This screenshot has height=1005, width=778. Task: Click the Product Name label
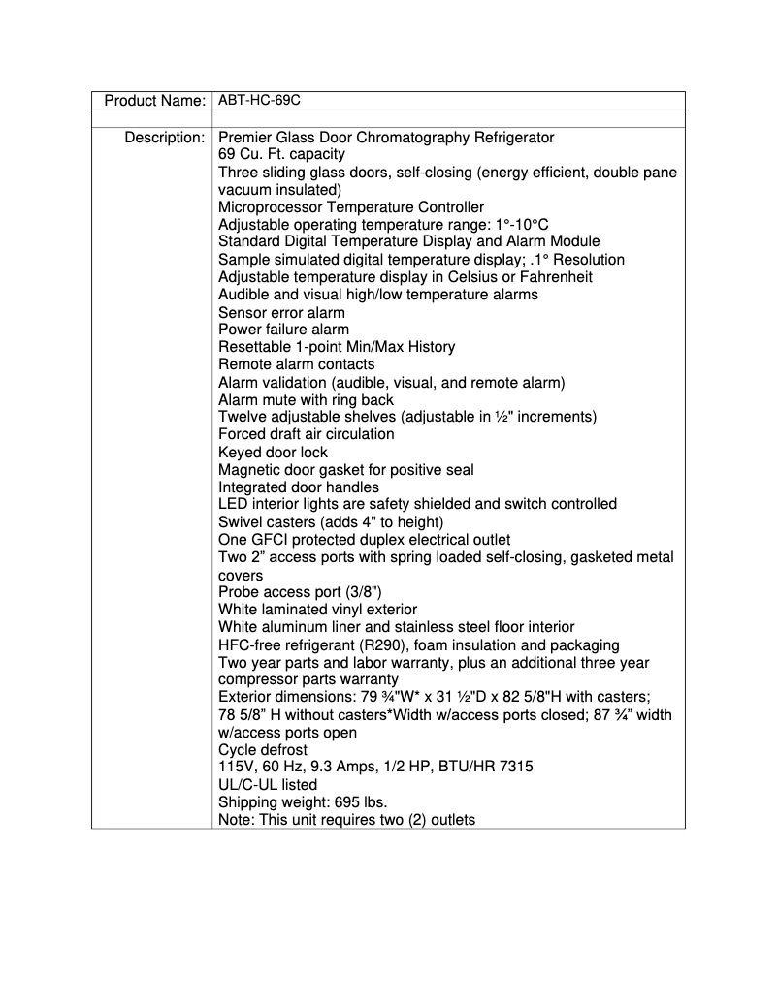point(154,101)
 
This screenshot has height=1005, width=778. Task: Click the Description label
point(164,138)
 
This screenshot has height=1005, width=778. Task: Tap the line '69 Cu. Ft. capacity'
point(281,155)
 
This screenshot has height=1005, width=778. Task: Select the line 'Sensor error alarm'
point(281,312)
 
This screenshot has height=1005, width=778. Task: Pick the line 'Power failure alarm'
point(283,330)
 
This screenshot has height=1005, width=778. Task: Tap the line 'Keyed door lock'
point(273,452)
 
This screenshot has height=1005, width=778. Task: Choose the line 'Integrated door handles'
point(299,487)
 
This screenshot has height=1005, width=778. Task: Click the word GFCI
point(270,539)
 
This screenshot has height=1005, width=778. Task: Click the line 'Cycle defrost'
point(263,749)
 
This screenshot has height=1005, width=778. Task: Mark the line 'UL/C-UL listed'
point(268,784)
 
